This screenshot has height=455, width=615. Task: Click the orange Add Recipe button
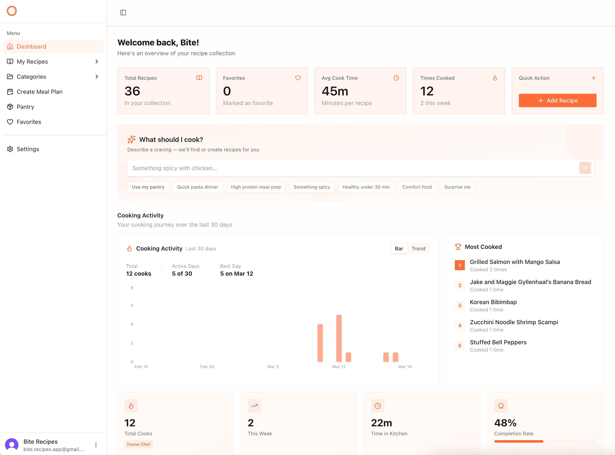click(557, 100)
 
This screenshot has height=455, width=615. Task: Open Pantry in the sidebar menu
click(25, 107)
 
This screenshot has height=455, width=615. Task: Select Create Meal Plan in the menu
click(39, 92)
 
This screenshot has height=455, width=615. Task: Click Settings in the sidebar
click(28, 149)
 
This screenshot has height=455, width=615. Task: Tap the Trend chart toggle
click(418, 248)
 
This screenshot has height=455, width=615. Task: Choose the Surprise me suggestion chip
click(457, 187)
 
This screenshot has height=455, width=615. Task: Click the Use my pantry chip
click(148, 187)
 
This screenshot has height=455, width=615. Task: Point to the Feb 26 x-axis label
click(207, 367)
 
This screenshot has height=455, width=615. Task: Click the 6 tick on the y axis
click(132, 305)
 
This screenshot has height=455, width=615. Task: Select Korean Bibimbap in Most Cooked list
click(493, 302)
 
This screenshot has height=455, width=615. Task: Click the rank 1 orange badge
click(460, 265)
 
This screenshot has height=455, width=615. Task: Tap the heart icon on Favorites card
click(298, 78)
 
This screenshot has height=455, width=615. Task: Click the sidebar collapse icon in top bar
click(123, 13)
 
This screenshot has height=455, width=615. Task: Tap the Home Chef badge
click(138, 444)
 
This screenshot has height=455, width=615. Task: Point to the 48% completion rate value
click(505, 423)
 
